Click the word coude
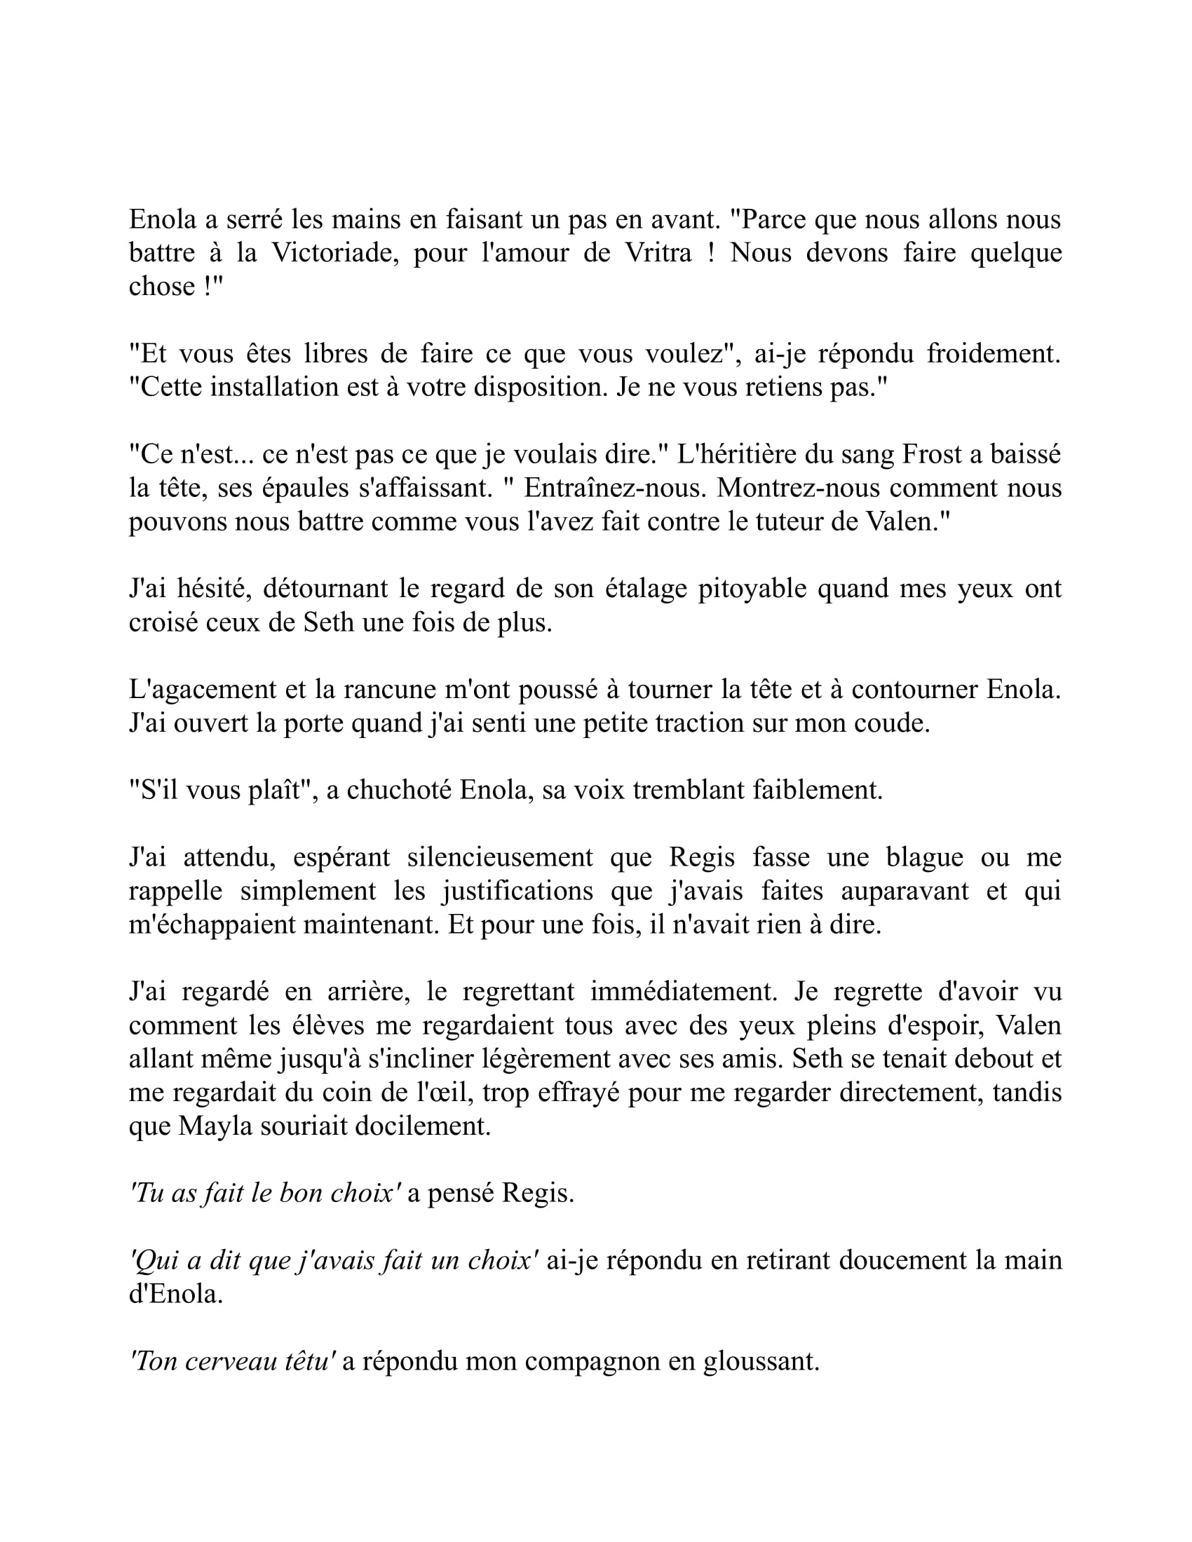pyautogui.click(x=896, y=723)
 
